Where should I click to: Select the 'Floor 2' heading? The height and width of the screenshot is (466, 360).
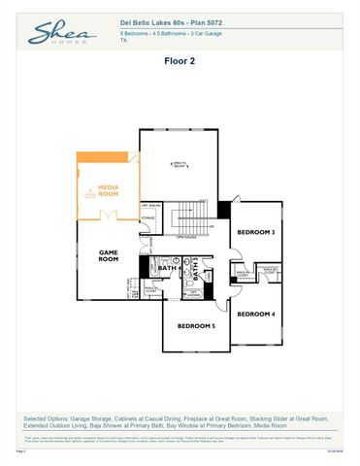180,59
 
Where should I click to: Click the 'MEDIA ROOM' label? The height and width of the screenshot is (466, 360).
109,192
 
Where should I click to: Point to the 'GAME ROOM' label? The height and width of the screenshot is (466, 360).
108,256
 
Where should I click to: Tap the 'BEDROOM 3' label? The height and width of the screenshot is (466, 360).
256,233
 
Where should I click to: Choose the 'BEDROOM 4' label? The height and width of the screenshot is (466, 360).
256,314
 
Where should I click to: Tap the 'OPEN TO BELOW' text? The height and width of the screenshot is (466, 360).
179,165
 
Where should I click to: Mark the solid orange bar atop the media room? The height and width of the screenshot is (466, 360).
109,157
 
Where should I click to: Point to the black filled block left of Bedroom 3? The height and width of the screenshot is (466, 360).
224,209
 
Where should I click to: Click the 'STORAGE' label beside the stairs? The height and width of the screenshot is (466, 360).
147,218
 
